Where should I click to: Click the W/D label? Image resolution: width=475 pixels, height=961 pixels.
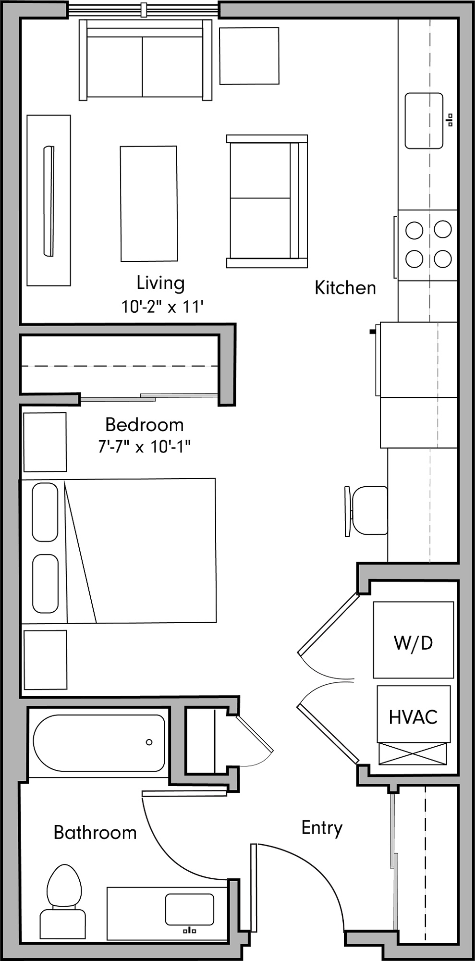pyautogui.click(x=413, y=642)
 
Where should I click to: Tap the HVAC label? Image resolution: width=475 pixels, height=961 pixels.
pyautogui.click(x=413, y=717)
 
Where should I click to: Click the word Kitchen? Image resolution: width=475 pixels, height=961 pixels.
pyautogui.click(x=345, y=288)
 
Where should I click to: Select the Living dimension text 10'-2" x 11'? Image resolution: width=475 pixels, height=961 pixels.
pyautogui.click(x=162, y=307)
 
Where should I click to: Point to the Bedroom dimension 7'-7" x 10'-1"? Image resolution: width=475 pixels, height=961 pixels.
pyautogui.click(x=145, y=447)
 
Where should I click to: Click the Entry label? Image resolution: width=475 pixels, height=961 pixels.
pyautogui.click(x=322, y=827)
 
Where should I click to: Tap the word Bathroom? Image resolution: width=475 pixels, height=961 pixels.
pyautogui.click(x=95, y=832)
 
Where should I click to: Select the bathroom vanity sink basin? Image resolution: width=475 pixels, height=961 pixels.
pyautogui.click(x=189, y=909)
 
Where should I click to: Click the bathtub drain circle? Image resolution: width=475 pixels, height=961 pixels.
pyautogui.click(x=149, y=742)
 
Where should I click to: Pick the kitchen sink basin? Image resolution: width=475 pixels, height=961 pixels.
pyautogui.click(x=424, y=121)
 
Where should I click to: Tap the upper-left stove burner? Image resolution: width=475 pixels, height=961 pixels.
pyautogui.click(x=414, y=230)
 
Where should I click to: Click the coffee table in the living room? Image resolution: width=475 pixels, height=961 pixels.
pyautogui.click(x=149, y=204)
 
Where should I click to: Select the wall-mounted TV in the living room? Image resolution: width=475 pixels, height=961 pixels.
pyautogui.click(x=49, y=201)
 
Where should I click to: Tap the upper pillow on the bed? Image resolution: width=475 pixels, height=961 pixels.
pyautogui.click(x=45, y=512)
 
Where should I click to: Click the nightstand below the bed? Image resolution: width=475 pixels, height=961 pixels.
pyautogui.click(x=45, y=660)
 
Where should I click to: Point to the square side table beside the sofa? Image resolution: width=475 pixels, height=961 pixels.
pyautogui.click(x=249, y=56)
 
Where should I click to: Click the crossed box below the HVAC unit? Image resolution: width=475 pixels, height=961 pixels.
pyautogui.click(x=413, y=753)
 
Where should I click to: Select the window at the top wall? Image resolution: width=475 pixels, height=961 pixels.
pyautogui.click(x=144, y=9)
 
